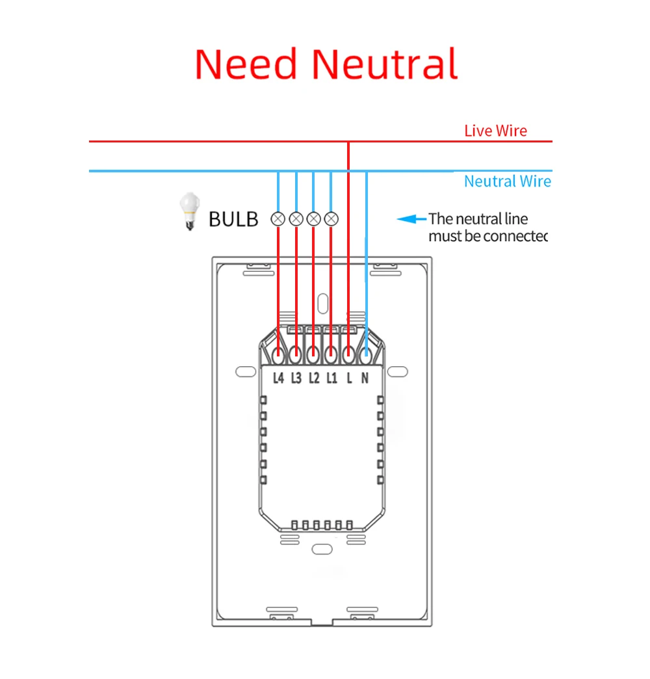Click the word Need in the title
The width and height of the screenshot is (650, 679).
pos(246,64)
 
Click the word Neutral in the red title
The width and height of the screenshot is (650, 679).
pos(384,64)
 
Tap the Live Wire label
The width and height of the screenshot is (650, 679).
pos(495,131)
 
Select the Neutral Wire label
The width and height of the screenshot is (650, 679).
pos(507,181)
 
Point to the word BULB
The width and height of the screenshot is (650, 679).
pos(233,219)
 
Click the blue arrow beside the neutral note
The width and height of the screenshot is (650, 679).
pos(411,219)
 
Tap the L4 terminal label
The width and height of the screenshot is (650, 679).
pos(279,377)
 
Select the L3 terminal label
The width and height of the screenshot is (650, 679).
pos(296,377)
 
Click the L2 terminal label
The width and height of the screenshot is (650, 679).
pos(314,377)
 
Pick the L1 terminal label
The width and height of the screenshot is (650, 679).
pos(331,377)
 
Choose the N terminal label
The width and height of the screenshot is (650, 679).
pos(365,377)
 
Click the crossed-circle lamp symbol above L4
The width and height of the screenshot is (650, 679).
pos(279,218)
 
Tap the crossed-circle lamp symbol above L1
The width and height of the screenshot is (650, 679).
pos(331,218)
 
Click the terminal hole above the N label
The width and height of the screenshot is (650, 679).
pos(366,356)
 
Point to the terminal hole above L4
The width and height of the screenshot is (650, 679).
pos(279,356)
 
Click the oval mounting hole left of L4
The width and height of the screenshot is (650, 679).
pos(244,371)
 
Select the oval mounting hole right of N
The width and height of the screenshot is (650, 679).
pos(397,371)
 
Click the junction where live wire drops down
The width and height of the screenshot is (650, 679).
pos(348,141)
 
